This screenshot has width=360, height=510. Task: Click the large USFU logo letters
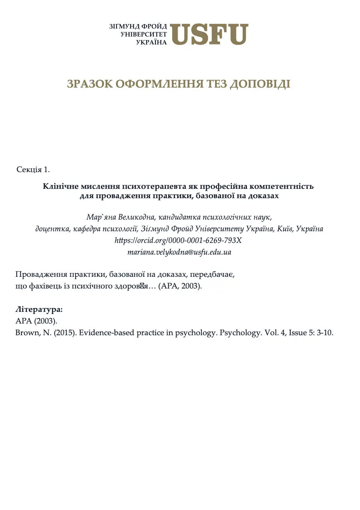point(209,34)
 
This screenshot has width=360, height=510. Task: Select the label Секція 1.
point(34,169)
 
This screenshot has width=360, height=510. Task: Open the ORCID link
point(178,241)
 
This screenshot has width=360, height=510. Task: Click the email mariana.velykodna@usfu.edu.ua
point(179,252)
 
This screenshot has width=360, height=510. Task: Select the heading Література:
point(39,310)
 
